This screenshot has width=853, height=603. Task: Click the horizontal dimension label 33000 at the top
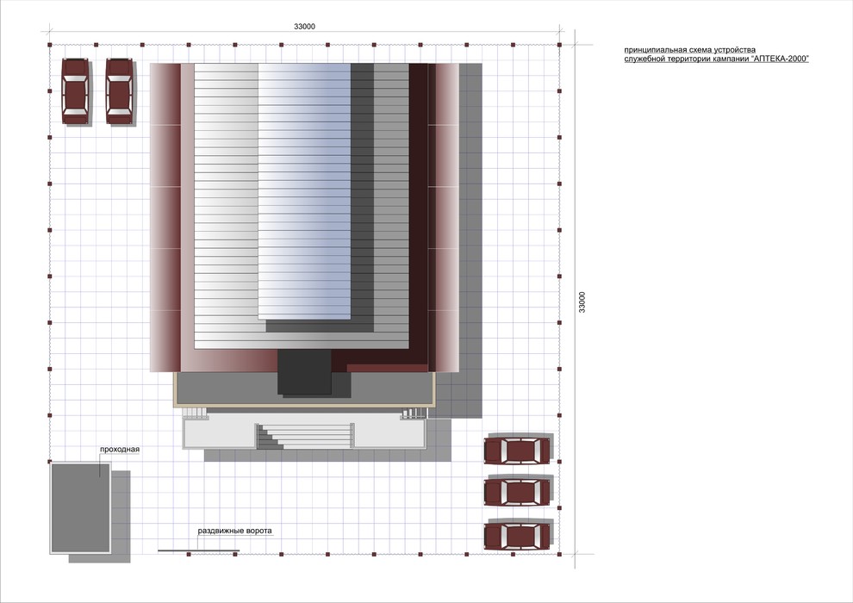(x=304, y=27)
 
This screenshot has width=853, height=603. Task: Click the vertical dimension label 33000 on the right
(x=582, y=302)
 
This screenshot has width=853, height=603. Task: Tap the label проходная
(x=120, y=450)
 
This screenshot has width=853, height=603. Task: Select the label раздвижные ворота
(x=234, y=531)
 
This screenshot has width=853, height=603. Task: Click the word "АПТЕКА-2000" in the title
(x=780, y=59)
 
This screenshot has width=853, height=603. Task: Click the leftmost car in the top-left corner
(x=75, y=91)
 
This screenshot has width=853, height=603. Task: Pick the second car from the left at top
(x=120, y=91)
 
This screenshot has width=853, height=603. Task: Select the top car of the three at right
(x=517, y=451)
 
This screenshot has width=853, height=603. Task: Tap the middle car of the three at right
(x=517, y=493)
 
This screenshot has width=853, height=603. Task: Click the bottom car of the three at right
(x=517, y=536)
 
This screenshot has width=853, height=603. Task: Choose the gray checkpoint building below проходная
(x=80, y=508)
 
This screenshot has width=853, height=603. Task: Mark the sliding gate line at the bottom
(x=198, y=550)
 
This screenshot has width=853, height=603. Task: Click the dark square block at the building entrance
(x=305, y=372)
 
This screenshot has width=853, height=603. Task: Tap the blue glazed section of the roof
(x=305, y=191)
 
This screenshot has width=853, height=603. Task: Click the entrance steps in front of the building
(x=305, y=436)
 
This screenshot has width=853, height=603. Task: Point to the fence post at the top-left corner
(x=49, y=45)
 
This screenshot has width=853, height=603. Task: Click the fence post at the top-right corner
(x=559, y=45)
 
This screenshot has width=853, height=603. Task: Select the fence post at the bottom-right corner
(x=559, y=555)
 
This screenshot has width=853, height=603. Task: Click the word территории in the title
(x=688, y=59)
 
